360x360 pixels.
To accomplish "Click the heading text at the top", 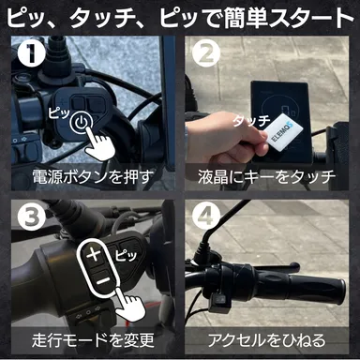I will pyautogui.click(x=180, y=18).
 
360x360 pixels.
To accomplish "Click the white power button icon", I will pyautogui.click(x=83, y=124).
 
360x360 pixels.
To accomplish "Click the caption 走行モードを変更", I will pyautogui.click(x=90, y=338).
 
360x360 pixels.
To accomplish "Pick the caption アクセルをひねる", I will pyautogui.click(x=269, y=338).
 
